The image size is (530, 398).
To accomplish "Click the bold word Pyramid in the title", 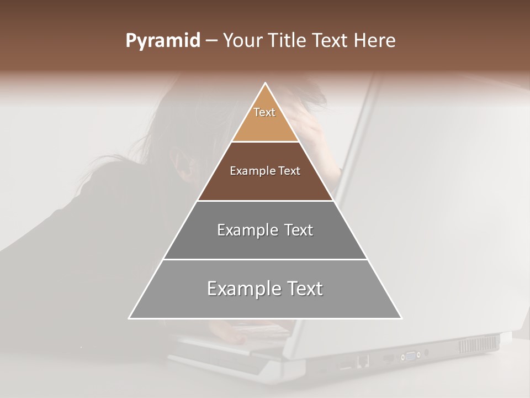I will (x=162, y=41).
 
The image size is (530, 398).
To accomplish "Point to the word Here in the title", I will (x=375, y=41).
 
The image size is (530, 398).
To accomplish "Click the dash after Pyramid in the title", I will (x=211, y=41).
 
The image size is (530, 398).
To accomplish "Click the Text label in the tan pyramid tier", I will (x=264, y=112).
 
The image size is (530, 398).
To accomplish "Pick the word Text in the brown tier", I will (x=289, y=171).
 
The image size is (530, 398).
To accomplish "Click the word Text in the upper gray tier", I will (x=299, y=230).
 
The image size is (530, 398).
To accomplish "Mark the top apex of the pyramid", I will (x=266, y=83).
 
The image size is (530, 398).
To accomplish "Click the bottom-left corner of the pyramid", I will (x=129, y=318).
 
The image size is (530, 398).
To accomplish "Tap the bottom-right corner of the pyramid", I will (x=401, y=318).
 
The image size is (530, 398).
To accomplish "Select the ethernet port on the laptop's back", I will (x=363, y=361).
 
